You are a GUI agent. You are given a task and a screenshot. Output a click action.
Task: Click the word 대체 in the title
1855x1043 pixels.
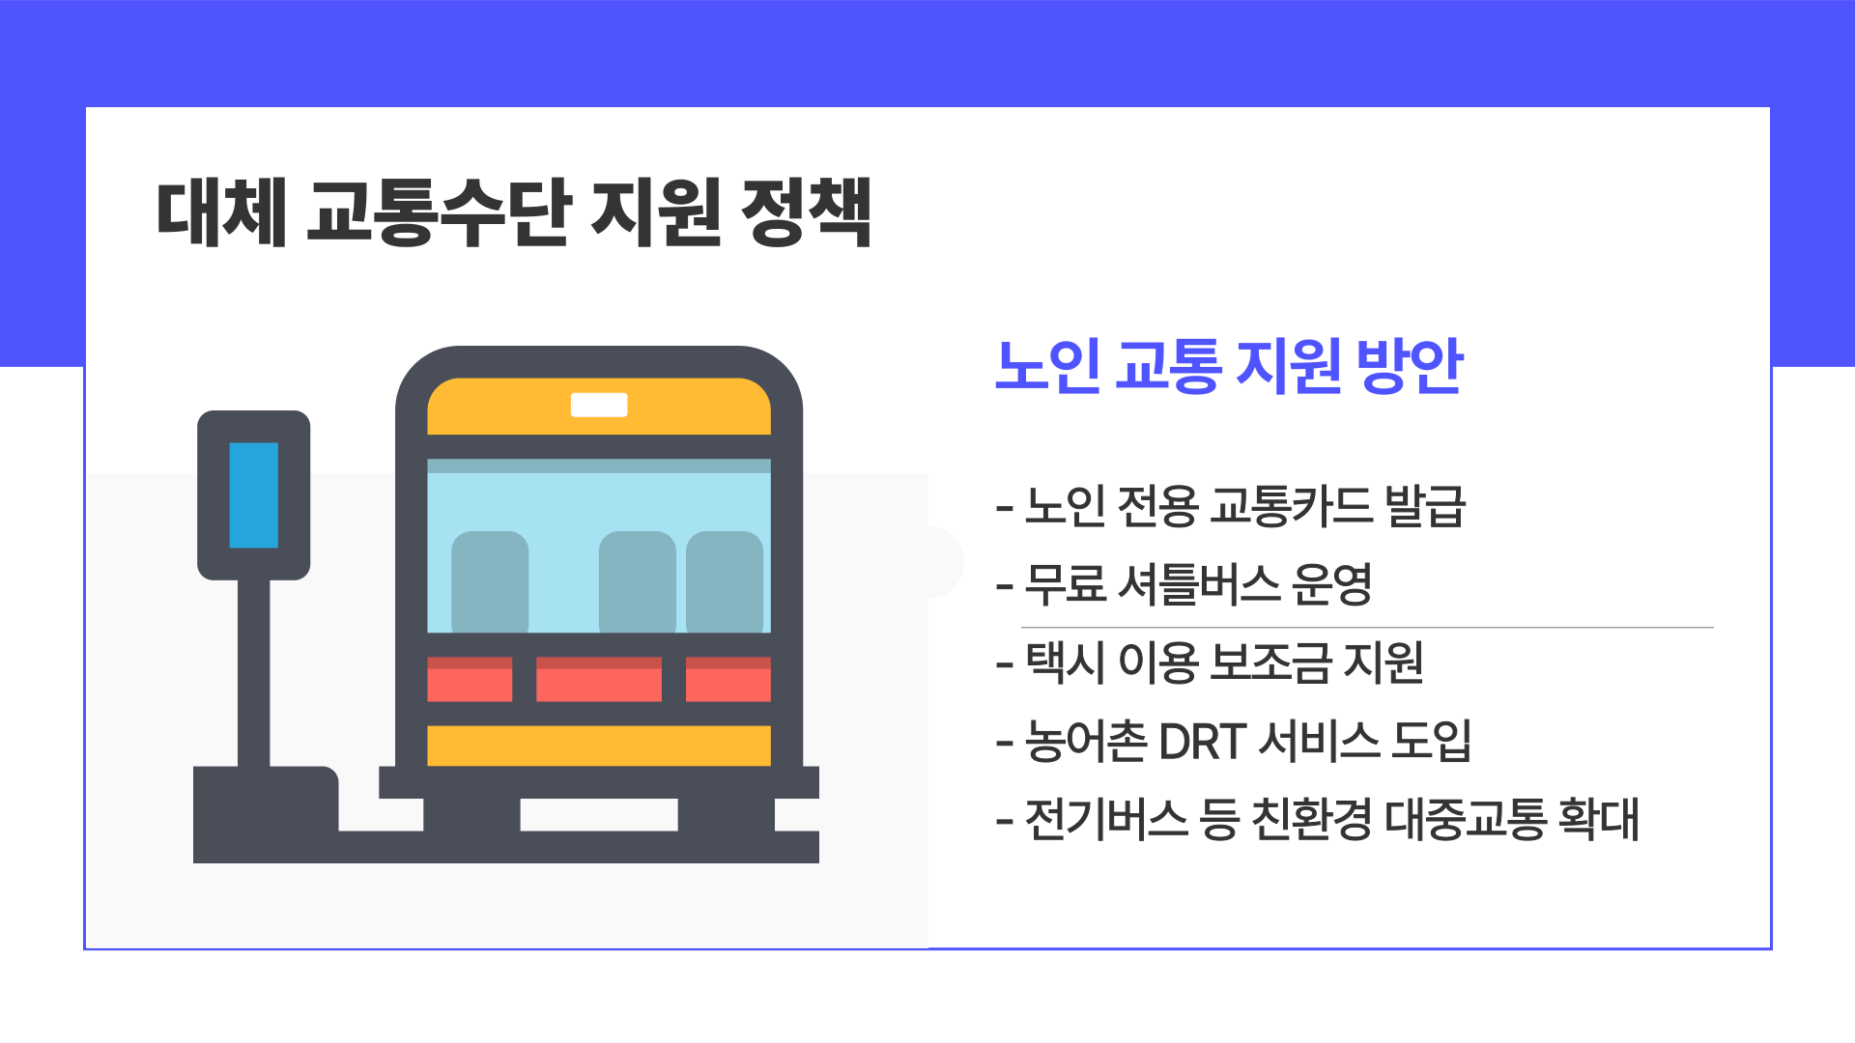tap(221, 211)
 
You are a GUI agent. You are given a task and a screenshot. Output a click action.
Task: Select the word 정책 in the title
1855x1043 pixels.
tap(806, 211)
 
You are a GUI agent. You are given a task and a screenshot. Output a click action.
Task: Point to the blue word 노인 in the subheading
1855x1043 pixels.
tap(1047, 366)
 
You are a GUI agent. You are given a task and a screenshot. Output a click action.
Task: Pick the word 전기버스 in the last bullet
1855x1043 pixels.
tap(1105, 819)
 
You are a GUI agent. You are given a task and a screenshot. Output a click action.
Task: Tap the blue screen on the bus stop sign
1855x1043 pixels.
tap(253, 494)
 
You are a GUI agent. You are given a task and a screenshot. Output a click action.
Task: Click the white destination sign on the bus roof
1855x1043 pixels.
tap(599, 405)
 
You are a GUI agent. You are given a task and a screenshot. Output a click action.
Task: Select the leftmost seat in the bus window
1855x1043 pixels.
tap(490, 581)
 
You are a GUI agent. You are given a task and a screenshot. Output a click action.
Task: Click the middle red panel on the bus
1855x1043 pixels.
tap(599, 679)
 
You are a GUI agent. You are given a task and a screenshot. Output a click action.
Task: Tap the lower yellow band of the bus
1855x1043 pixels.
tap(599, 746)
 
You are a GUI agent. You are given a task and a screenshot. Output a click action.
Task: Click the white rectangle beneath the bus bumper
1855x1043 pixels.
tap(599, 814)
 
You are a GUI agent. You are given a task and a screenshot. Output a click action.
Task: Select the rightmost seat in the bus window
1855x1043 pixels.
tap(725, 581)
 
